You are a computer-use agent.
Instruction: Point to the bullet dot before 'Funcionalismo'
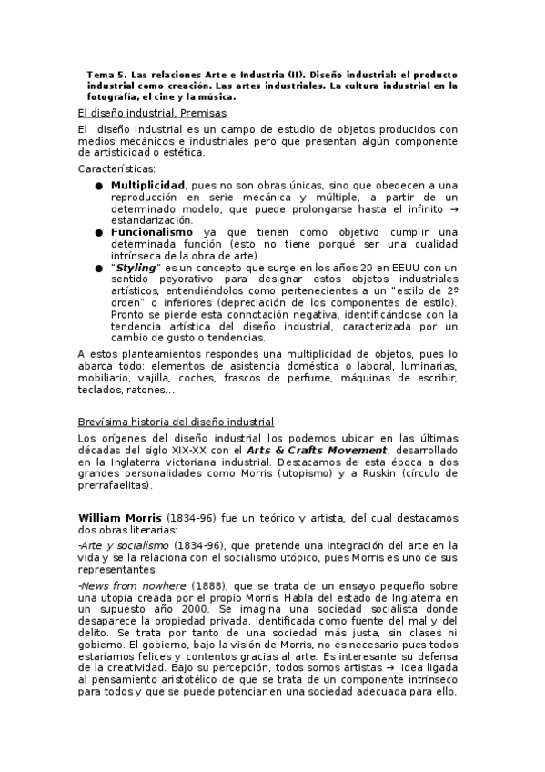coord(98,232)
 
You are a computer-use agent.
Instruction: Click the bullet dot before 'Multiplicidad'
coord(98,185)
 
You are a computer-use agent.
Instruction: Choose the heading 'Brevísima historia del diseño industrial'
coord(176,422)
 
